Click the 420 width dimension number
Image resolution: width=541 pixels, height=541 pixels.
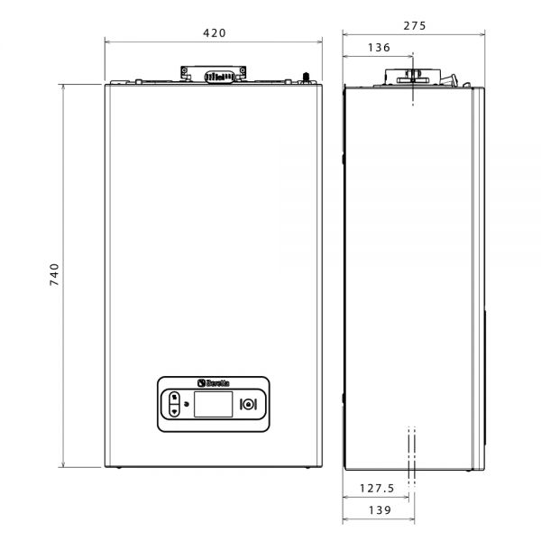(215, 33)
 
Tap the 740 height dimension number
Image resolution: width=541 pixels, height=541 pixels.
(54, 275)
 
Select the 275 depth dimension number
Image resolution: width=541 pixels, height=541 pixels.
(415, 26)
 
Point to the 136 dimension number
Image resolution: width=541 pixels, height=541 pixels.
(379, 47)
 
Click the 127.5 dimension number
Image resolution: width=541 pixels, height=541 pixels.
(377, 488)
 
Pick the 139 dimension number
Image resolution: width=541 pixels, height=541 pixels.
(380, 510)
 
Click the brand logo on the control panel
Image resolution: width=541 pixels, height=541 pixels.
(213, 383)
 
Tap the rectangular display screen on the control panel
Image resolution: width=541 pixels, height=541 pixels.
(213, 404)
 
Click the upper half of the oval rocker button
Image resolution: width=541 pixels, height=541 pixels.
(175, 398)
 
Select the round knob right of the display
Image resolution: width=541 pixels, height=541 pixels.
(248, 404)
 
